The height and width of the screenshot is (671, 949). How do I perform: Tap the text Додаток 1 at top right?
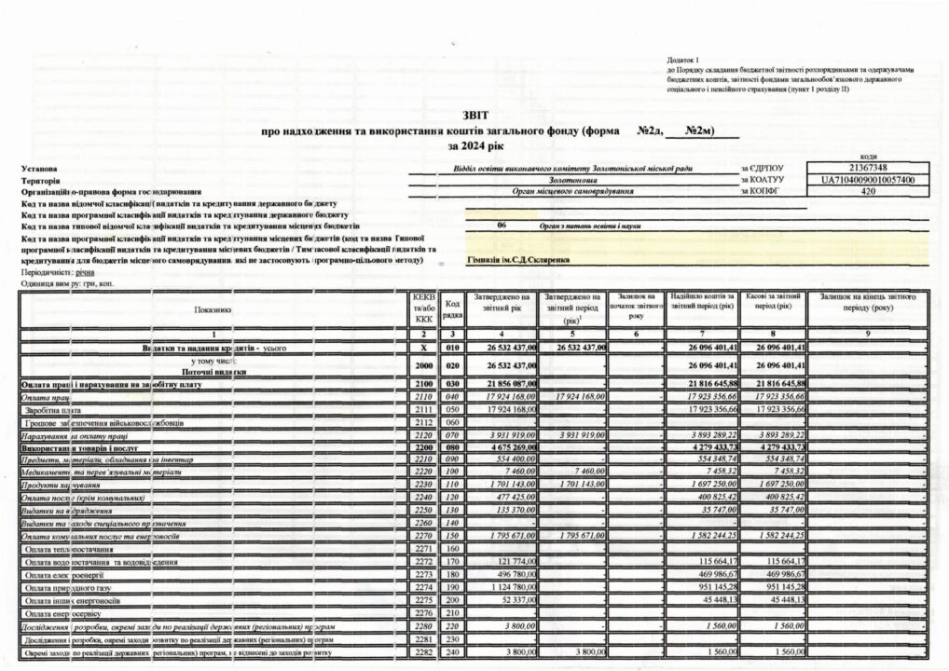(x=685, y=60)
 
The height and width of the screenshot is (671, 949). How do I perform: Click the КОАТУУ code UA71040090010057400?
(x=867, y=180)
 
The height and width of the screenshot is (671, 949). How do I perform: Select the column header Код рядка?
(x=452, y=308)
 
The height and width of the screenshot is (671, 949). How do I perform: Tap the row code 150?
(x=452, y=537)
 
